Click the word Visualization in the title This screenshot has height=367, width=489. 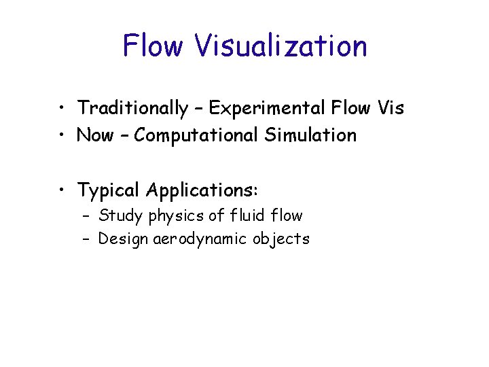tap(280, 46)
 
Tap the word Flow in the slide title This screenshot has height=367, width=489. tap(153, 46)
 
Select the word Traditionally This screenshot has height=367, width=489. tap(132, 108)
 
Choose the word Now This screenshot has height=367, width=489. tap(95, 135)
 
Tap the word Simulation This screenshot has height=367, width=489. tap(310, 135)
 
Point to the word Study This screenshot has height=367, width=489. tap(117, 216)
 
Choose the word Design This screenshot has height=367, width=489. tap(121, 239)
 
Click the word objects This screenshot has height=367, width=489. tap(283, 239)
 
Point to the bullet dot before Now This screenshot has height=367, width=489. tap(61, 136)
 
